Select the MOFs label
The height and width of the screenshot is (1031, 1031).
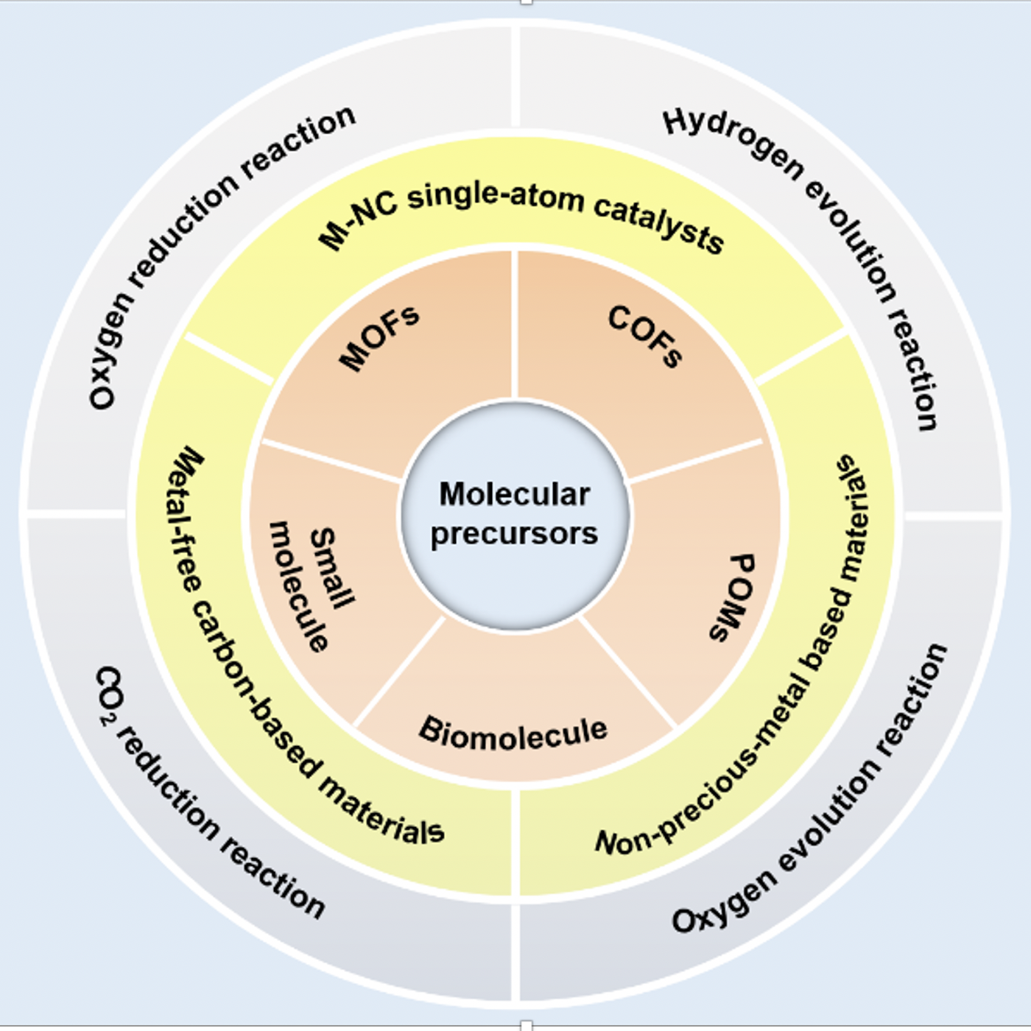[x=379, y=337]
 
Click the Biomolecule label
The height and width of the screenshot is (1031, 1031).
[x=513, y=733]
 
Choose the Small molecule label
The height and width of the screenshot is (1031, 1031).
[x=313, y=585]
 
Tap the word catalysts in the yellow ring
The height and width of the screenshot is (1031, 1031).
[x=659, y=225]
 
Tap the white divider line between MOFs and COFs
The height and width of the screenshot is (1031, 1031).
[x=515, y=324]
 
